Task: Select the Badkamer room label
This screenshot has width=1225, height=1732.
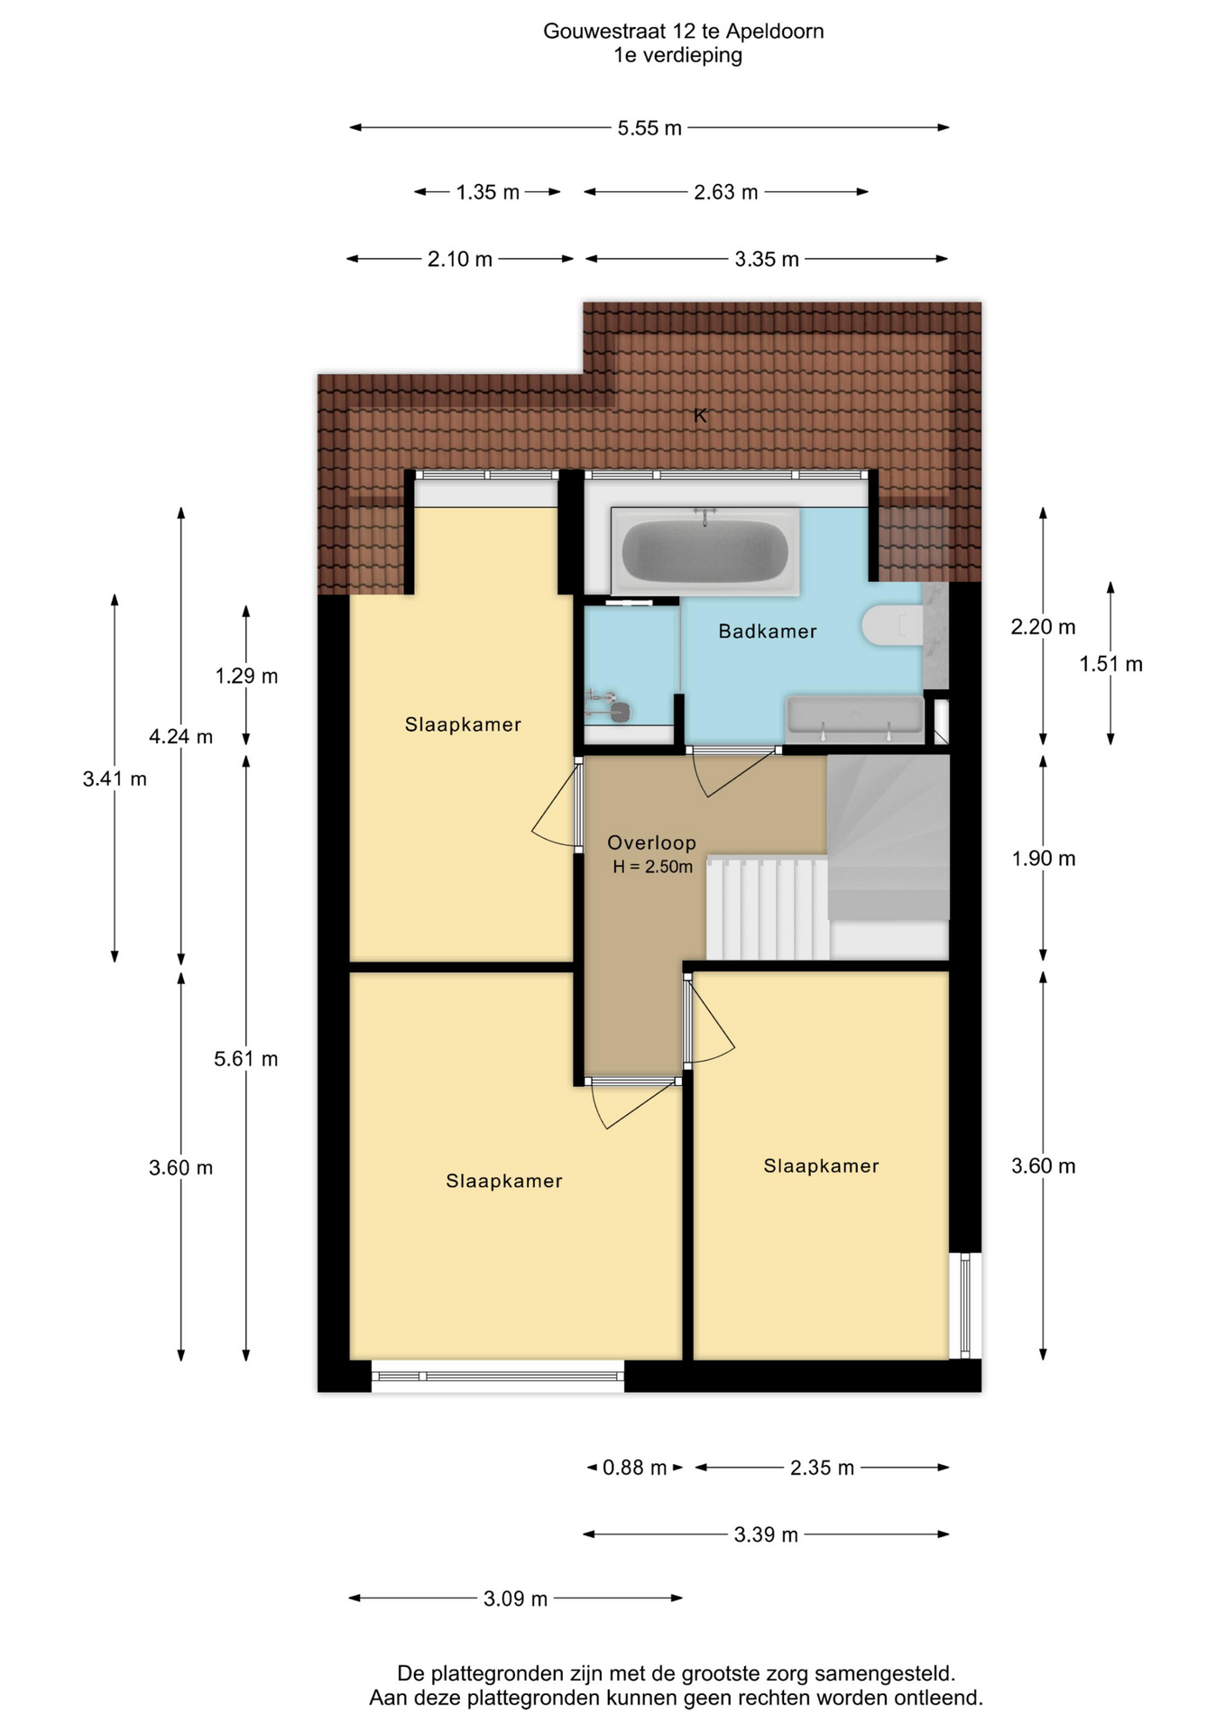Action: [x=768, y=631]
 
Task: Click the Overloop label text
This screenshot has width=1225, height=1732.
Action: [x=651, y=843]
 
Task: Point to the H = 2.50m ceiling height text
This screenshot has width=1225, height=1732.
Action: [x=653, y=867]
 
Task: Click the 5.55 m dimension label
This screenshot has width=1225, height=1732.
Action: [x=649, y=128]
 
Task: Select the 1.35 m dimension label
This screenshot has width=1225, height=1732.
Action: [x=488, y=192]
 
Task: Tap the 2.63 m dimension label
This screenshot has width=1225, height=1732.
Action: [x=726, y=192]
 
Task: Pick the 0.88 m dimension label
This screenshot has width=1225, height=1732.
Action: [x=635, y=1468]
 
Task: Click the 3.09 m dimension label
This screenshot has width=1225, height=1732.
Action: [x=516, y=1598]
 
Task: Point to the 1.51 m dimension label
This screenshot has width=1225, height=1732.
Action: [x=1111, y=664]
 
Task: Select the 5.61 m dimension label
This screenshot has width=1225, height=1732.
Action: [x=246, y=1058]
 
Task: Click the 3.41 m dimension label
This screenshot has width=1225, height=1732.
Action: [x=115, y=778]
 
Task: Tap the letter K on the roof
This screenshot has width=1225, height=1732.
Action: [x=700, y=416]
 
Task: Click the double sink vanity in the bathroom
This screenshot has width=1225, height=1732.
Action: [x=855, y=719]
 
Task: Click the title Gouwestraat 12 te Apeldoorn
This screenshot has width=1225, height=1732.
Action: [x=684, y=32]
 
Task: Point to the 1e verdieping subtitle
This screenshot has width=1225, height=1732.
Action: [x=678, y=55]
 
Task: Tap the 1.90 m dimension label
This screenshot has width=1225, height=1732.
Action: [x=1044, y=858]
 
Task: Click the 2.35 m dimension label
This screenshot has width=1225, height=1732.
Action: [x=822, y=1468]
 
